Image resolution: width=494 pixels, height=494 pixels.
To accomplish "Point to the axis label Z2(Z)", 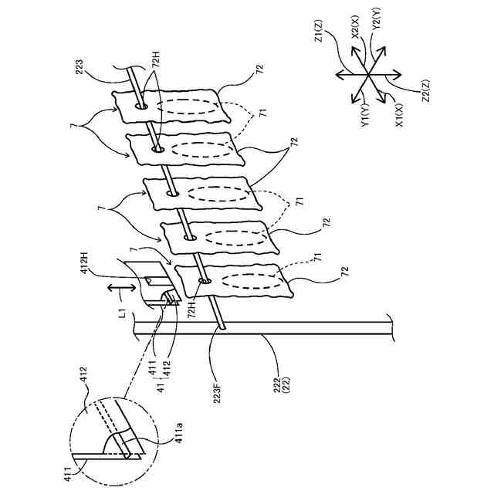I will tap(422, 93).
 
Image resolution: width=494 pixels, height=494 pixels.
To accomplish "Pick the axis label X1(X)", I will tap(398, 113).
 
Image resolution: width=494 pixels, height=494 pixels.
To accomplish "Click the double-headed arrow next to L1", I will tap(117, 287).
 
